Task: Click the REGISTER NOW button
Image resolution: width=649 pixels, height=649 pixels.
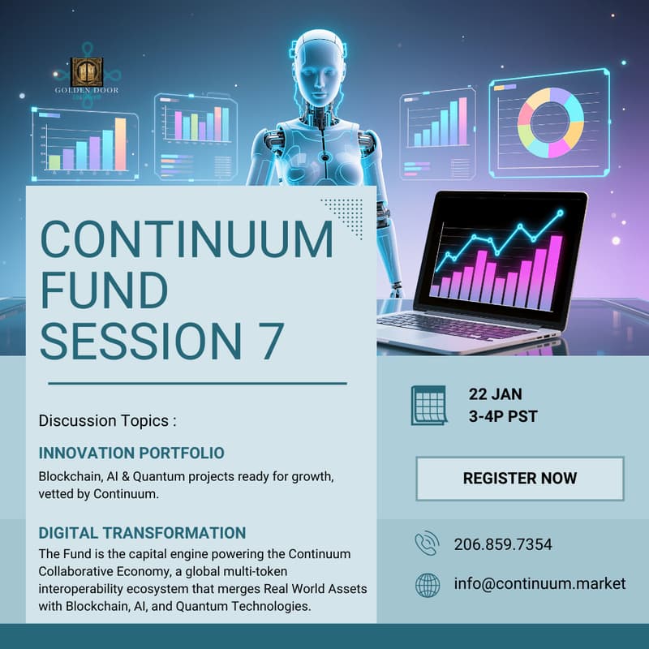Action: click(x=519, y=478)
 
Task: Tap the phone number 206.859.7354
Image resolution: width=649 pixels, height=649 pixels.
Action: click(x=503, y=544)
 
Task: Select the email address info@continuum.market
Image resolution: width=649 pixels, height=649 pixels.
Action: click(x=539, y=583)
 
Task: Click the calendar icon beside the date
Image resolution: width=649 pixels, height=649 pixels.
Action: click(x=428, y=405)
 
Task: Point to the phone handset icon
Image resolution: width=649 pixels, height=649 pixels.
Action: click(x=427, y=544)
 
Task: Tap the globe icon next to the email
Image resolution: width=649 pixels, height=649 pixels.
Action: click(x=427, y=584)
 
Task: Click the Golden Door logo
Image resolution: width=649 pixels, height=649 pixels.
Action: click(x=85, y=75)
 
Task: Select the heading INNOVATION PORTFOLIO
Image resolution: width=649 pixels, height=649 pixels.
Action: click(x=131, y=453)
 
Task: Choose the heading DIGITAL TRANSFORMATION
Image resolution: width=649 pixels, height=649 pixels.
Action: click(x=142, y=533)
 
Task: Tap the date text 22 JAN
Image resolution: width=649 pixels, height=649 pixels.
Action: click(x=495, y=395)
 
